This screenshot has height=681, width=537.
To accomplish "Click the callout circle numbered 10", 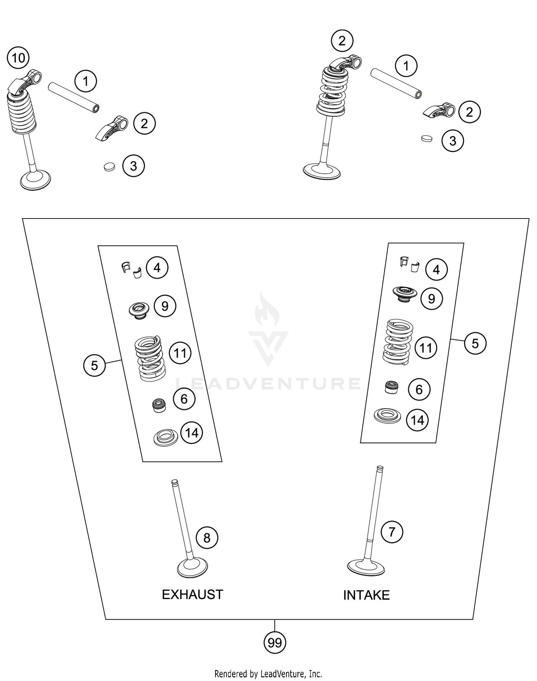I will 19,58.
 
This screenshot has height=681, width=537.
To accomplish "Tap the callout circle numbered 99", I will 275,643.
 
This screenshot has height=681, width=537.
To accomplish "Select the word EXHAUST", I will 192,595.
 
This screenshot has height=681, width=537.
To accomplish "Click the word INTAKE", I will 366,595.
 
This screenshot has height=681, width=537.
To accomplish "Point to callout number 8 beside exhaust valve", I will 207,538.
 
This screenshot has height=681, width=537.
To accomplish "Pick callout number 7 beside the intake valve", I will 392,532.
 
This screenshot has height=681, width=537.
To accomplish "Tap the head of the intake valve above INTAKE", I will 366,567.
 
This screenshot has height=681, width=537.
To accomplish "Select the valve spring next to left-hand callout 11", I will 150,358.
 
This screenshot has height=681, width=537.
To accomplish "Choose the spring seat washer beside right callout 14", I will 387,416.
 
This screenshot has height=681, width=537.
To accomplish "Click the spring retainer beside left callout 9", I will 139,310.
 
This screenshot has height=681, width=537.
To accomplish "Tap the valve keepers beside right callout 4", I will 409,264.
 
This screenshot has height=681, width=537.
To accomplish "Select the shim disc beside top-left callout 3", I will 110,167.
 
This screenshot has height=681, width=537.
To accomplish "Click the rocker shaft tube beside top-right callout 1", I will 396,83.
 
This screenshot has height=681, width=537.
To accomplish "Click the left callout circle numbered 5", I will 94,365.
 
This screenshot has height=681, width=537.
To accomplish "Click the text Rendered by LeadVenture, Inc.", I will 268,674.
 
